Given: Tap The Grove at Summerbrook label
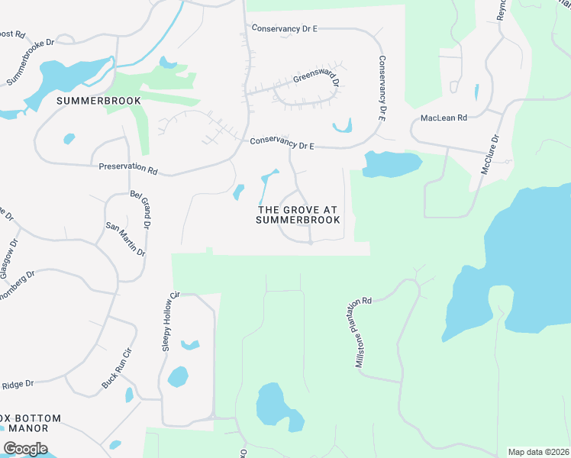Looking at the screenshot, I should coord(298,214).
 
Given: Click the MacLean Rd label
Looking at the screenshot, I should coord(444,118).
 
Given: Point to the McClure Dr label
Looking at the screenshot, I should coord(489,156).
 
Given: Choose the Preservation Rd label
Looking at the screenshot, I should coord(127,168).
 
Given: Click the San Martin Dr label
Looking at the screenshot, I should coord(125,240).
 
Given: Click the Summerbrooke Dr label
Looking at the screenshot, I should coord(31,62).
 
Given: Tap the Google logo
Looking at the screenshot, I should coord(25,449).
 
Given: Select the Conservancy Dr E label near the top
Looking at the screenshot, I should coord(284,28).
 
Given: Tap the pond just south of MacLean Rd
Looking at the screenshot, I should coord(392,163).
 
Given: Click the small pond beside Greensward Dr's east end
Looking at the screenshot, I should coord(342,126).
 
